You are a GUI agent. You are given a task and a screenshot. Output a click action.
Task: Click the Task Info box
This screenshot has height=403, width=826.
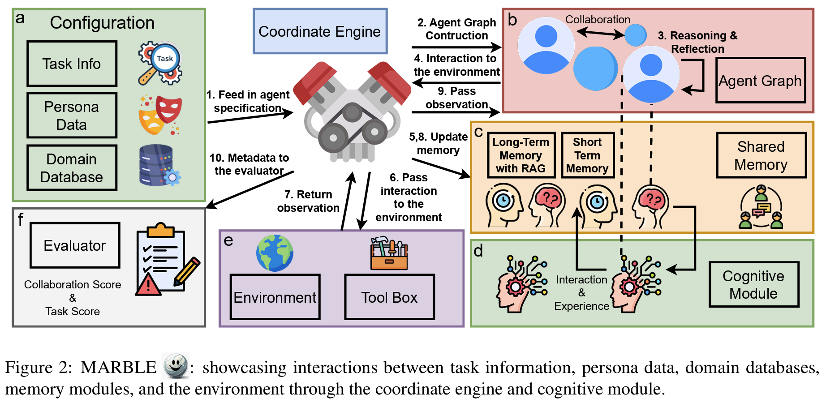(x=72, y=64)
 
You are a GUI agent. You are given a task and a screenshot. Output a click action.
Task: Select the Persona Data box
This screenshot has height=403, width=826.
(x=72, y=116)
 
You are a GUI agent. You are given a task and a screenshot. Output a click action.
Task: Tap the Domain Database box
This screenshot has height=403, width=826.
(x=72, y=168)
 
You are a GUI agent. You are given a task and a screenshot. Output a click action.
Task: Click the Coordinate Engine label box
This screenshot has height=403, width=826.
(x=320, y=31)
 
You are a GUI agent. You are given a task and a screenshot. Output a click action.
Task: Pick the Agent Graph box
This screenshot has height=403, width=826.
(x=760, y=81)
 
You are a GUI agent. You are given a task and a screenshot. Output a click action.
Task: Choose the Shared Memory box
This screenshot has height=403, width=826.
(x=761, y=155)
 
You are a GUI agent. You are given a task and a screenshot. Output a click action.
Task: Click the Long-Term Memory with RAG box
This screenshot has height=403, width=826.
(x=521, y=155)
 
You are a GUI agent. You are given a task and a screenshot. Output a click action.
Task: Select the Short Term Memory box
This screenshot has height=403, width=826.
(x=587, y=155)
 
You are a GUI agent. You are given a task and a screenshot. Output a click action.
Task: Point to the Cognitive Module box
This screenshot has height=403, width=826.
(x=753, y=285)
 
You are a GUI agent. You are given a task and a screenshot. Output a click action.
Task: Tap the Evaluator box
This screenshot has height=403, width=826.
(x=75, y=245)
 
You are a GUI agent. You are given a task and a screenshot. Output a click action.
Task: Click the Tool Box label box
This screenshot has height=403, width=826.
(x=389, y=297)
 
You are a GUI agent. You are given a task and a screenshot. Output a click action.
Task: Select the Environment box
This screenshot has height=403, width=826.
(x=275, y=297)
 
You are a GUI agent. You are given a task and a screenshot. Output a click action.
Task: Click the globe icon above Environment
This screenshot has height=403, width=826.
(x=275, y=253)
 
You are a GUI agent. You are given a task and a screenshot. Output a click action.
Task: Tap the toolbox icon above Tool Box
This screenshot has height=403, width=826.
(x=389, y=253)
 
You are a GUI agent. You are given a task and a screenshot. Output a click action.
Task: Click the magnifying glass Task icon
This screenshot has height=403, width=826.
(x=160, y=63)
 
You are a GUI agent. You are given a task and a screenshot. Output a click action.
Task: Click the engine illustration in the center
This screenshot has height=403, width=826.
(x=353, y=112)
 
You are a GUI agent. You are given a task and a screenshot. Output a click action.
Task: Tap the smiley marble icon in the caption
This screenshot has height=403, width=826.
(x=175, y=366)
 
